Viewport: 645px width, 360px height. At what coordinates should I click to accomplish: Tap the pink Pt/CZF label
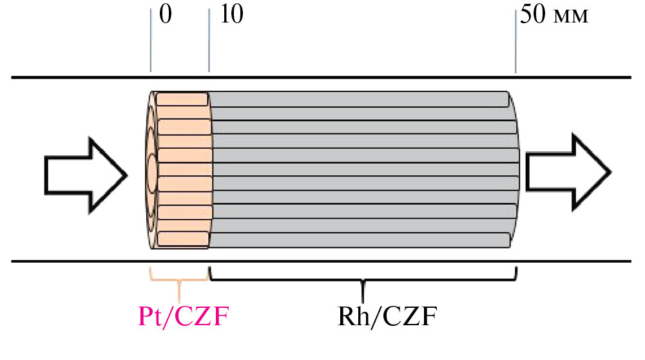coord(184,317)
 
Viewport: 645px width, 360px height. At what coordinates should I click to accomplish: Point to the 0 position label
coord(165,15)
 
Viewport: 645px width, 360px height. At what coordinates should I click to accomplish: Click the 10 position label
coord(231,15)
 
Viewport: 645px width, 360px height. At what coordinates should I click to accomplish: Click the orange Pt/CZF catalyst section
coord(182,171)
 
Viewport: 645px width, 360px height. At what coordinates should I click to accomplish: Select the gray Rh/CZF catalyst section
coord(361,171)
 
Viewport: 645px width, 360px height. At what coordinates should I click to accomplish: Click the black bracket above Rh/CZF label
coord(363,279)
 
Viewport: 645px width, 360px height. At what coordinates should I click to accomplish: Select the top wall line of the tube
coord(322,79)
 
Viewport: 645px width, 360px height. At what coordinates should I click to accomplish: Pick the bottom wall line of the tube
coord(322,261)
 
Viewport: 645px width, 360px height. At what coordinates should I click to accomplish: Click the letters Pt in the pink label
coord(152,317)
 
